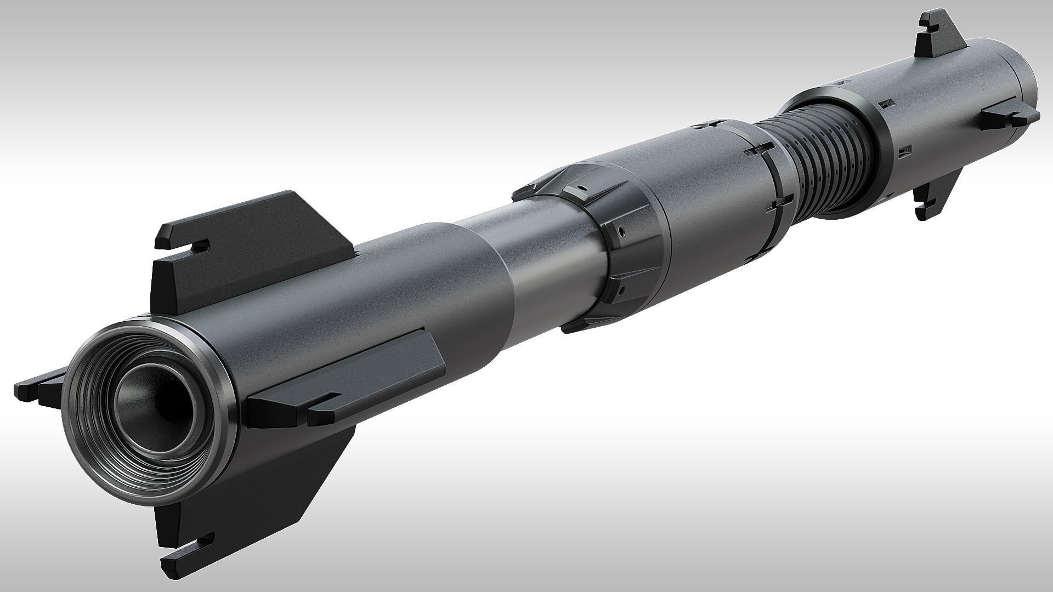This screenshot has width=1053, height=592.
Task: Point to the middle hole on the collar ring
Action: (x=621, y=232)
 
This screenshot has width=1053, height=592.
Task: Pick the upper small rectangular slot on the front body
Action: (x=884, y=103)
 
